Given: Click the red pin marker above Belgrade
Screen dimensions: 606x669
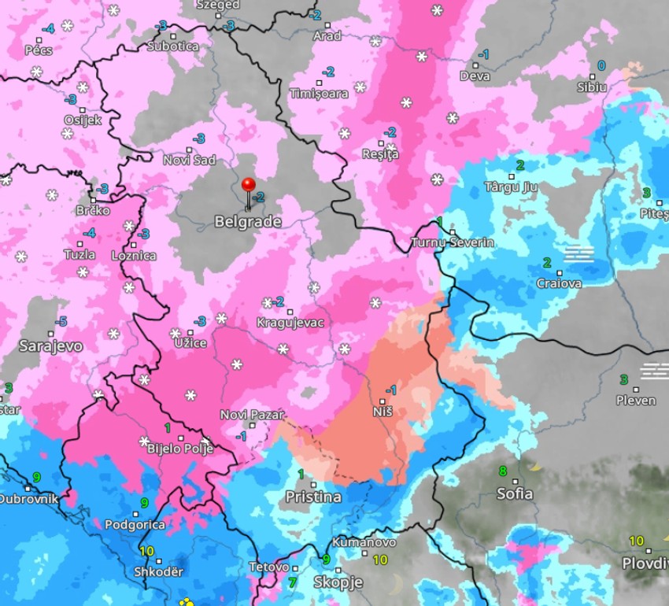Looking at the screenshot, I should tap(249, 186).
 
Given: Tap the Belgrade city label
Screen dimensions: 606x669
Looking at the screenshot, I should tap(248, 222).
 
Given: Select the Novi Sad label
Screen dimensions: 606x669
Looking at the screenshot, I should tap(189, 161).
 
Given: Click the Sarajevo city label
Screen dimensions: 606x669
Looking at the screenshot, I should tap(39, 345).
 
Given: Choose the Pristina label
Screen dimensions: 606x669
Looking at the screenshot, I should tap(313, 497).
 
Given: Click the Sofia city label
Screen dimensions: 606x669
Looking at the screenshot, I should tap(515, 494).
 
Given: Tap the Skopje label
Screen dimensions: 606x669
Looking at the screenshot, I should tap(338, 582).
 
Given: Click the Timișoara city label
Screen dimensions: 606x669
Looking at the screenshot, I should tap(319, 94).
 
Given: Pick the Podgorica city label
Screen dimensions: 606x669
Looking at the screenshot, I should tap(135, 525).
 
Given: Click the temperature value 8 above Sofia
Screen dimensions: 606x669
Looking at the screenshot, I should tap(503, 471).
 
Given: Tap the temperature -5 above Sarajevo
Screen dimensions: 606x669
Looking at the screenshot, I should tap(61, 321).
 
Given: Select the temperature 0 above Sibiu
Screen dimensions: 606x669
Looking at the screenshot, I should tap(601, 65).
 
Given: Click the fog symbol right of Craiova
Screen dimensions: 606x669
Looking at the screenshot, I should tap(579, 253).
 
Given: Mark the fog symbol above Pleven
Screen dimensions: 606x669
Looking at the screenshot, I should tap(654, 370).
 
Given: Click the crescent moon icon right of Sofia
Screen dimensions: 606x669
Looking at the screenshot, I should tap(535, 466).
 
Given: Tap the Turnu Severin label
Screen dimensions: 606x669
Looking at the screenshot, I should tap(453, 242).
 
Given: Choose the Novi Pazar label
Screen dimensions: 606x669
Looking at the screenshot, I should tap(252, 415).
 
